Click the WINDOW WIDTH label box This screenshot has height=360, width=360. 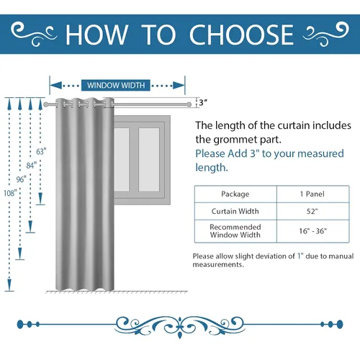116,85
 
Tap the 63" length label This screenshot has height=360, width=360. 41,152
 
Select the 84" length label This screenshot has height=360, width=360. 32,166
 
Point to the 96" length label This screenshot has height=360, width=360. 21,179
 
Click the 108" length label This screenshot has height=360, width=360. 10,193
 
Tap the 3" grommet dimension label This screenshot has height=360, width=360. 203,103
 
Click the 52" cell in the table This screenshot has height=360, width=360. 312,211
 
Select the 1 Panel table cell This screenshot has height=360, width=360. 312,194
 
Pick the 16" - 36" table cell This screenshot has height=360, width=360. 312,231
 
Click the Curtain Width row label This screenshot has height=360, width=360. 235,211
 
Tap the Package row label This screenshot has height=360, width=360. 235,194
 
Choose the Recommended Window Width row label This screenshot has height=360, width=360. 235,231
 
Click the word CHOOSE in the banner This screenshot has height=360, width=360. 242,35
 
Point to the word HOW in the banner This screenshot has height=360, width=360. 96,35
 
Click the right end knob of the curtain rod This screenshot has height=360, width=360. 189,104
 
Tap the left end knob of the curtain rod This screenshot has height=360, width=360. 45,104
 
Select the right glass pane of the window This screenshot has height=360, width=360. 149,160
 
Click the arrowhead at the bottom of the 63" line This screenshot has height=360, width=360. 40,199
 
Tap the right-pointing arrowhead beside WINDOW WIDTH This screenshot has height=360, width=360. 179,85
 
